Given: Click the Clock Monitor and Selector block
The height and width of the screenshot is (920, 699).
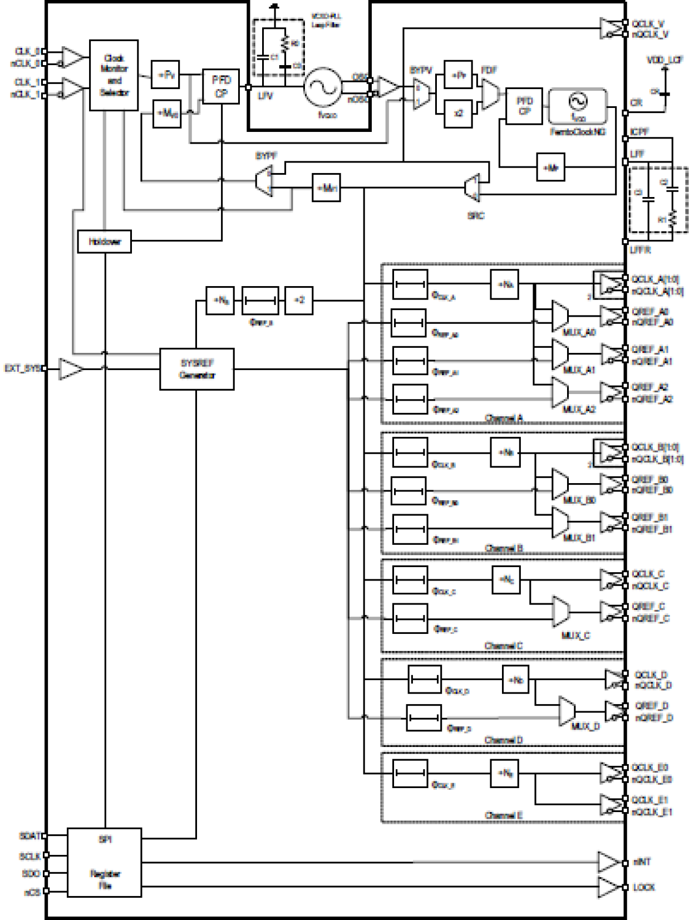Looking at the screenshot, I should point(114,75).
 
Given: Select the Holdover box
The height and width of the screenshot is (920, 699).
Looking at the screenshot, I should point(104,242).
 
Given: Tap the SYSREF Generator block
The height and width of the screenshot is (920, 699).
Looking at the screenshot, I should point(196,369).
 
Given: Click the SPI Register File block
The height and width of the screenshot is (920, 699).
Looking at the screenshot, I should point(104,862).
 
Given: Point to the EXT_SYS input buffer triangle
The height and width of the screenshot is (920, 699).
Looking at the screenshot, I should point(70,369).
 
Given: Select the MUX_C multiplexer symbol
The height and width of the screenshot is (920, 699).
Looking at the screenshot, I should point(560,611).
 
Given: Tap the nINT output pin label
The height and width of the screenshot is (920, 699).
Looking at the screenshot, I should point(642,862).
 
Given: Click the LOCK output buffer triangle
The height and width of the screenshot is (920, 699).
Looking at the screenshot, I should point(609,887).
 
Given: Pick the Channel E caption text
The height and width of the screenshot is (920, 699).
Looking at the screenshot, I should point(503,815).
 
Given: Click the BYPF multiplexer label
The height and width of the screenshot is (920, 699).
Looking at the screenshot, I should point(266,156).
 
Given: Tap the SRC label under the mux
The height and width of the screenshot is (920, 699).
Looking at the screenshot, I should point(475,215).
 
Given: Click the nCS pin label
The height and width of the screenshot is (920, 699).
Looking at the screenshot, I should point(32,892).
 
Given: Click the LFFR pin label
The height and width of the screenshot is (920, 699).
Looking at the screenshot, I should point(640,250).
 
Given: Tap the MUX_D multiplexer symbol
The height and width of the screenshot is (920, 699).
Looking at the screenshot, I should point(567,711).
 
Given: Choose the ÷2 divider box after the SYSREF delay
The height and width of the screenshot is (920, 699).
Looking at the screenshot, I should point(299,301).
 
